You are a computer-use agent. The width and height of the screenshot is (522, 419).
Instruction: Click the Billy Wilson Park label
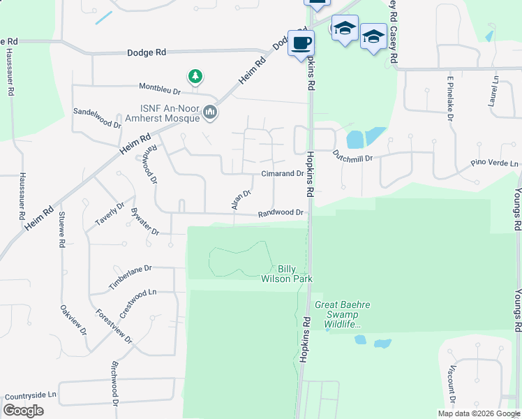pyautogui.click(x=294, y=274)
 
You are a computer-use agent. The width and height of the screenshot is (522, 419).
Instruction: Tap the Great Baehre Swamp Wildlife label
pyautogui.click(x=342, y=314)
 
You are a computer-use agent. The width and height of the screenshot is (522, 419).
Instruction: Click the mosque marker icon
pyautogui.click(x=210, y=112)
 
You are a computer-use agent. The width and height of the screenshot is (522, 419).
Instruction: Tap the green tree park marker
pyautogui.click(x=196, y=75)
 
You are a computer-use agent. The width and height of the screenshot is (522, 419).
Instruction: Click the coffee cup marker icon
pyautogui.click(x=301, y=43)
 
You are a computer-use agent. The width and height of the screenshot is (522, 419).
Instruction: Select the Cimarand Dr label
pyautogui.click(x=282, y=174)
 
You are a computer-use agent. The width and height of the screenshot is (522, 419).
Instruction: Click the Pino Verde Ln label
pyautogui.click(x=494, y=165)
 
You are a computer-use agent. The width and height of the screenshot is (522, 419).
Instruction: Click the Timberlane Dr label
pyautogui.click(x=130, y=278)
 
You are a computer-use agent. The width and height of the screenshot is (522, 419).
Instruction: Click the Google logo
pyautogui.click(x=23, y=411)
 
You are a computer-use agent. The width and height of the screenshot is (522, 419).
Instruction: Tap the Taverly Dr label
pyautogui.click(x=110, y=214)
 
